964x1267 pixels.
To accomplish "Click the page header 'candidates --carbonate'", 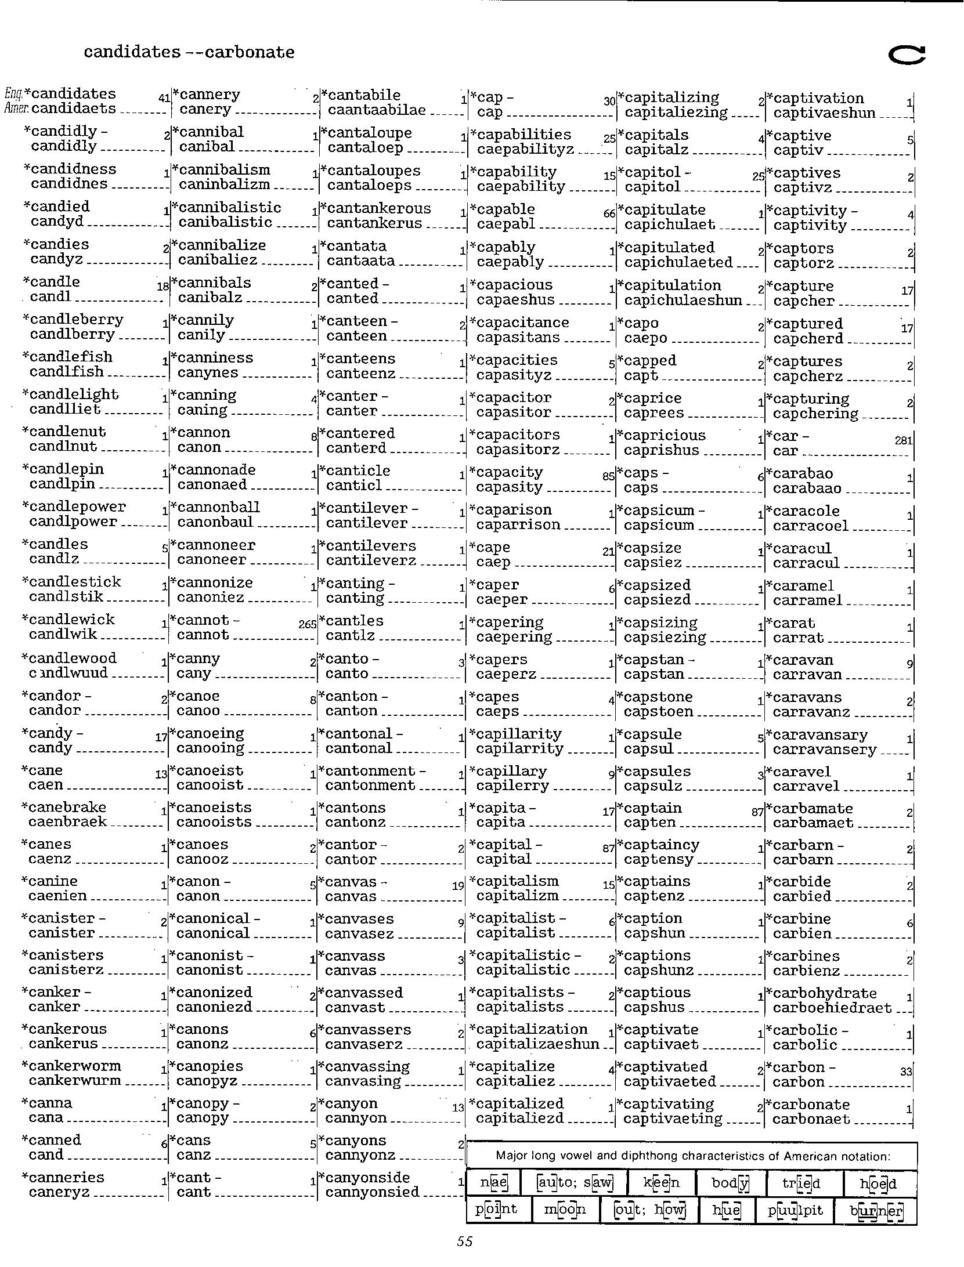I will [189, 52].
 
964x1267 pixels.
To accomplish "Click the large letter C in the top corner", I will [907, 55].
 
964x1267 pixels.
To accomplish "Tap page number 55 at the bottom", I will [464, 1241].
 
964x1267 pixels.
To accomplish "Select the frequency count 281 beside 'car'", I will [904, 440].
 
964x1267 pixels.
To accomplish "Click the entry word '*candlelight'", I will [70, 394].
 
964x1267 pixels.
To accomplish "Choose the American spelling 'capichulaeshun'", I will [683, 301].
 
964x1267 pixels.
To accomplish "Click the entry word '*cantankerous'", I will [378, 208].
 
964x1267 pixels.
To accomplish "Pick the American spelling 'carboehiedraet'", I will [832, 1008].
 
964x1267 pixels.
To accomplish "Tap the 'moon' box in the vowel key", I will [565, 1210].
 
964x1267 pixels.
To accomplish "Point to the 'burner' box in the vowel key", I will [875, 1211].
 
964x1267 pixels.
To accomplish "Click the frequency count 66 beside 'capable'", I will [609, 213].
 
